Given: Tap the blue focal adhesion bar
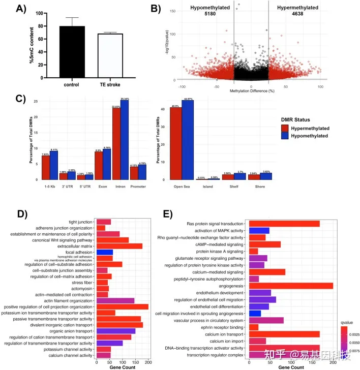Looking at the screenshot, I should pyautogui.click(x=104, y=252).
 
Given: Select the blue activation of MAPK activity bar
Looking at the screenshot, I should pyautogui.click(x=259, y=230).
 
